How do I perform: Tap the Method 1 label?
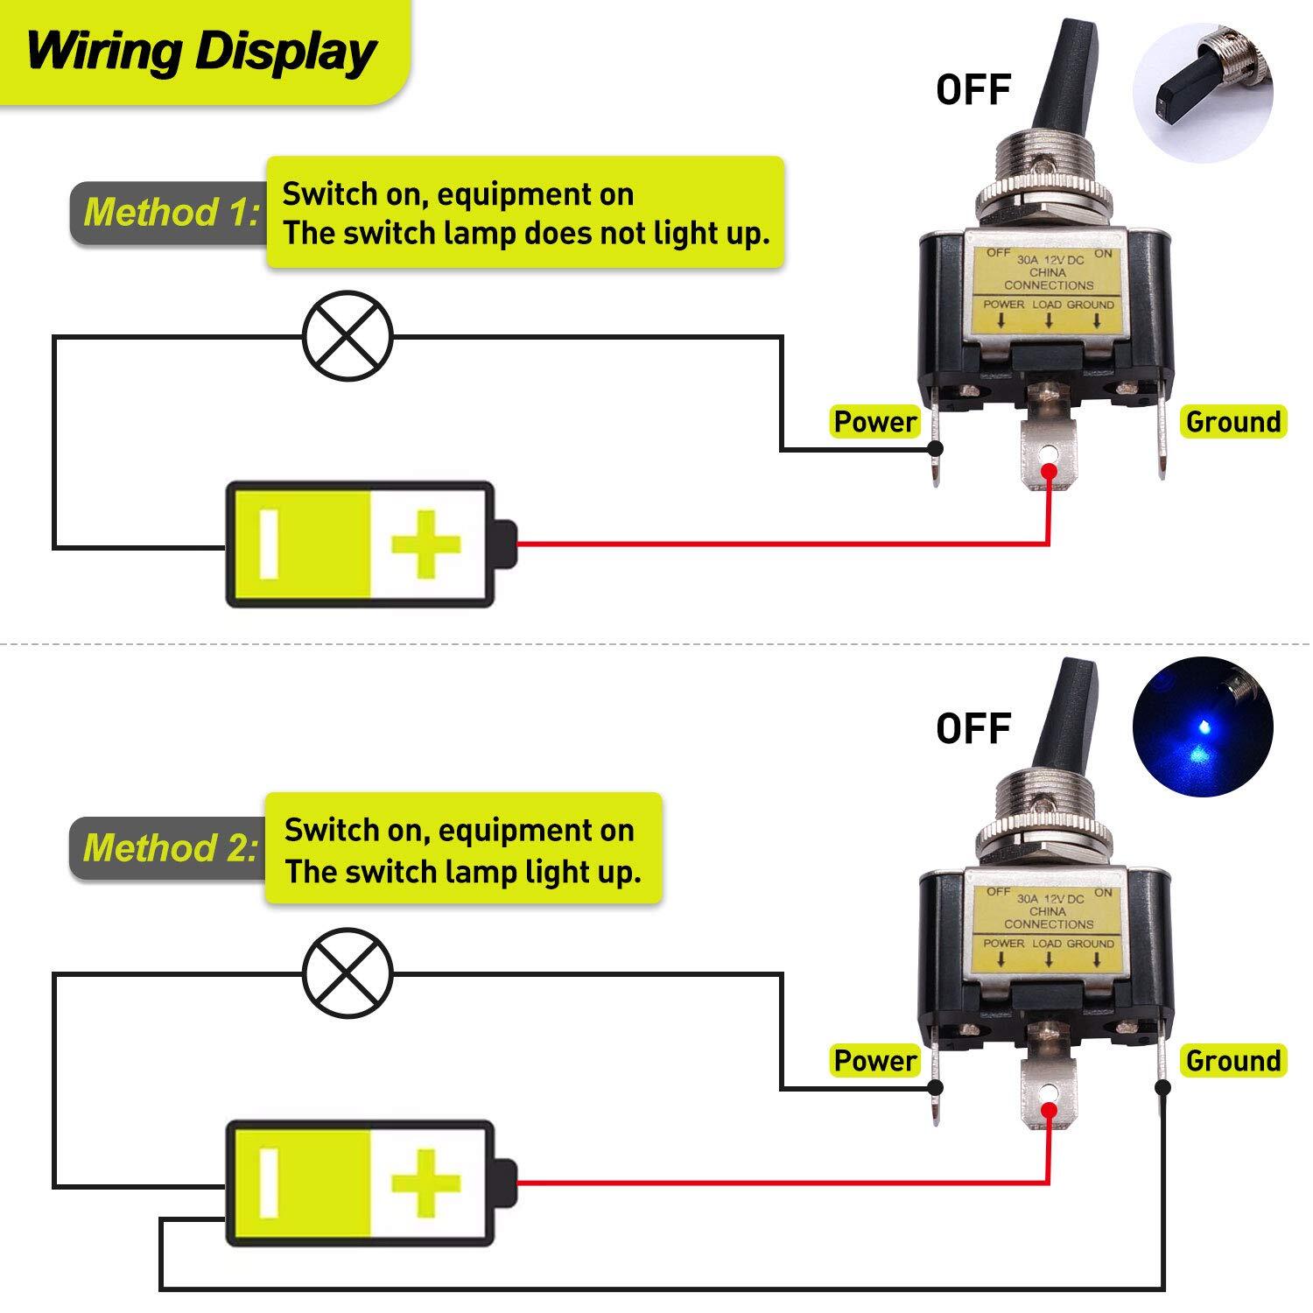pos(172,213)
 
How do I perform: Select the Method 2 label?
pos(172,848)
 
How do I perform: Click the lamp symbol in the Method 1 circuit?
pos(348,335)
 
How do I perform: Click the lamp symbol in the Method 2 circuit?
pos(348,972)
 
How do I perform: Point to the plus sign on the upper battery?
pos(425,545)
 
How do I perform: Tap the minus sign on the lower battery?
pos(269,1183)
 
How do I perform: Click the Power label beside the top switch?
pos(874,422)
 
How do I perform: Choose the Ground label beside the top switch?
pos(1232,422)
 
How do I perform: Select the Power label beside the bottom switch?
pos(874,1061)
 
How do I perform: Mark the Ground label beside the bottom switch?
pos(1232,1061)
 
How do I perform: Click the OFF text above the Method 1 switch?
pos(973,90)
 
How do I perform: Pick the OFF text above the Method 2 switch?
pos(973,728)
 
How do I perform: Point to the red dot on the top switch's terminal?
pos(1048,474)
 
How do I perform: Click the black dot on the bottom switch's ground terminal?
pos(1162,1088)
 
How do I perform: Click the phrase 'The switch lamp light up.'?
pos(462,872)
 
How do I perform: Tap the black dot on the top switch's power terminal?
pos(935,450)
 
